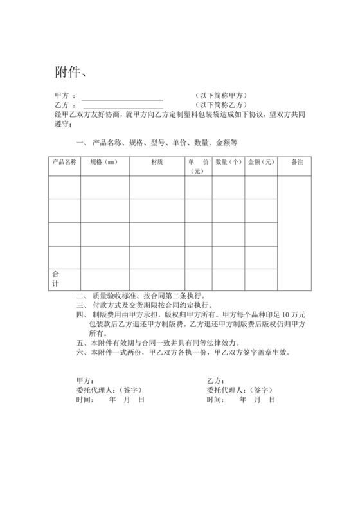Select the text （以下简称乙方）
click(x=222, y=105)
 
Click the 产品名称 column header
click(x=64, y=162)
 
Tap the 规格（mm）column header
click(x=104, y=162)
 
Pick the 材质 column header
click(x=156, y=162)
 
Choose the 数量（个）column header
click(x=228, y=162)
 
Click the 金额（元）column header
click(x=261, y=162)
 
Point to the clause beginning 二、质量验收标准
click(x=141, y=296)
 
